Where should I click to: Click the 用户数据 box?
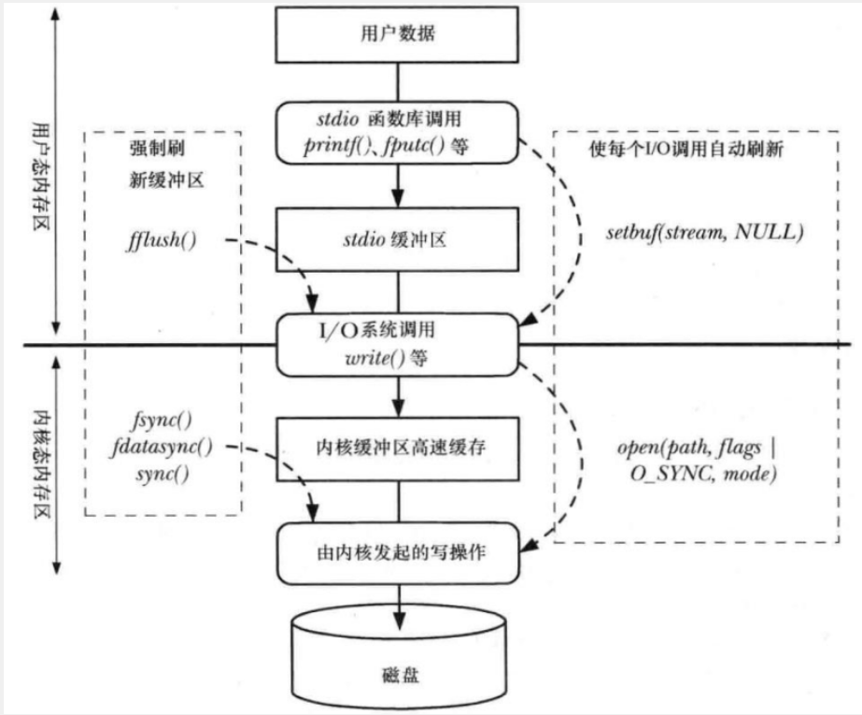[x=396, y=34]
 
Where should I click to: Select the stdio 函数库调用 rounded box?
[x=397, y=133]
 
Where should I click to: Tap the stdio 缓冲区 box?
[x=397, y=239]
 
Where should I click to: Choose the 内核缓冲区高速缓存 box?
[x=398, y=449]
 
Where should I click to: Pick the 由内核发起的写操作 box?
[x=398, y=553]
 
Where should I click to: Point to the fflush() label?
[x=162, y=240]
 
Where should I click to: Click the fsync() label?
[x=163, y=421]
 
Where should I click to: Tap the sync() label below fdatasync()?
[x=163, y=473]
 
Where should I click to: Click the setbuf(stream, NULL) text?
[x=705, y=232]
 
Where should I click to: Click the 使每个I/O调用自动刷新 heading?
[x=686, y=149]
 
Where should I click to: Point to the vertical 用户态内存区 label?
[x=40, y=176]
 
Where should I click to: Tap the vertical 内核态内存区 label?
[x=41, y=464]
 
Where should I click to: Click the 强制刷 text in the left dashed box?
[x=157, y=149]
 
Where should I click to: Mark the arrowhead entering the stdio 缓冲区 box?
[x=398, y=197]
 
